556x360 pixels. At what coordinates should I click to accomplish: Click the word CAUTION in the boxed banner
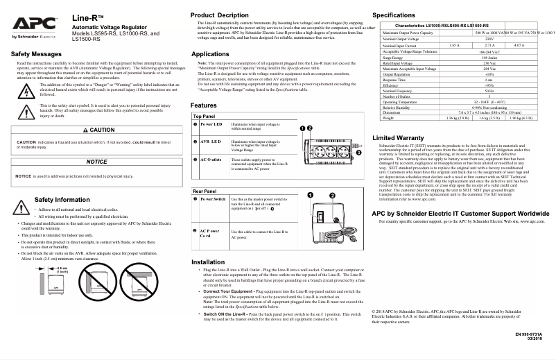click(x=103, y=130)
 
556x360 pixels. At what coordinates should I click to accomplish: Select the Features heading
click(x=204, y=105)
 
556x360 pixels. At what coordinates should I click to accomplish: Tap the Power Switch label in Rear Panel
click(x=213, y=199)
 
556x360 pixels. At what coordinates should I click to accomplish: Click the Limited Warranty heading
click(x=398, y=138)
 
